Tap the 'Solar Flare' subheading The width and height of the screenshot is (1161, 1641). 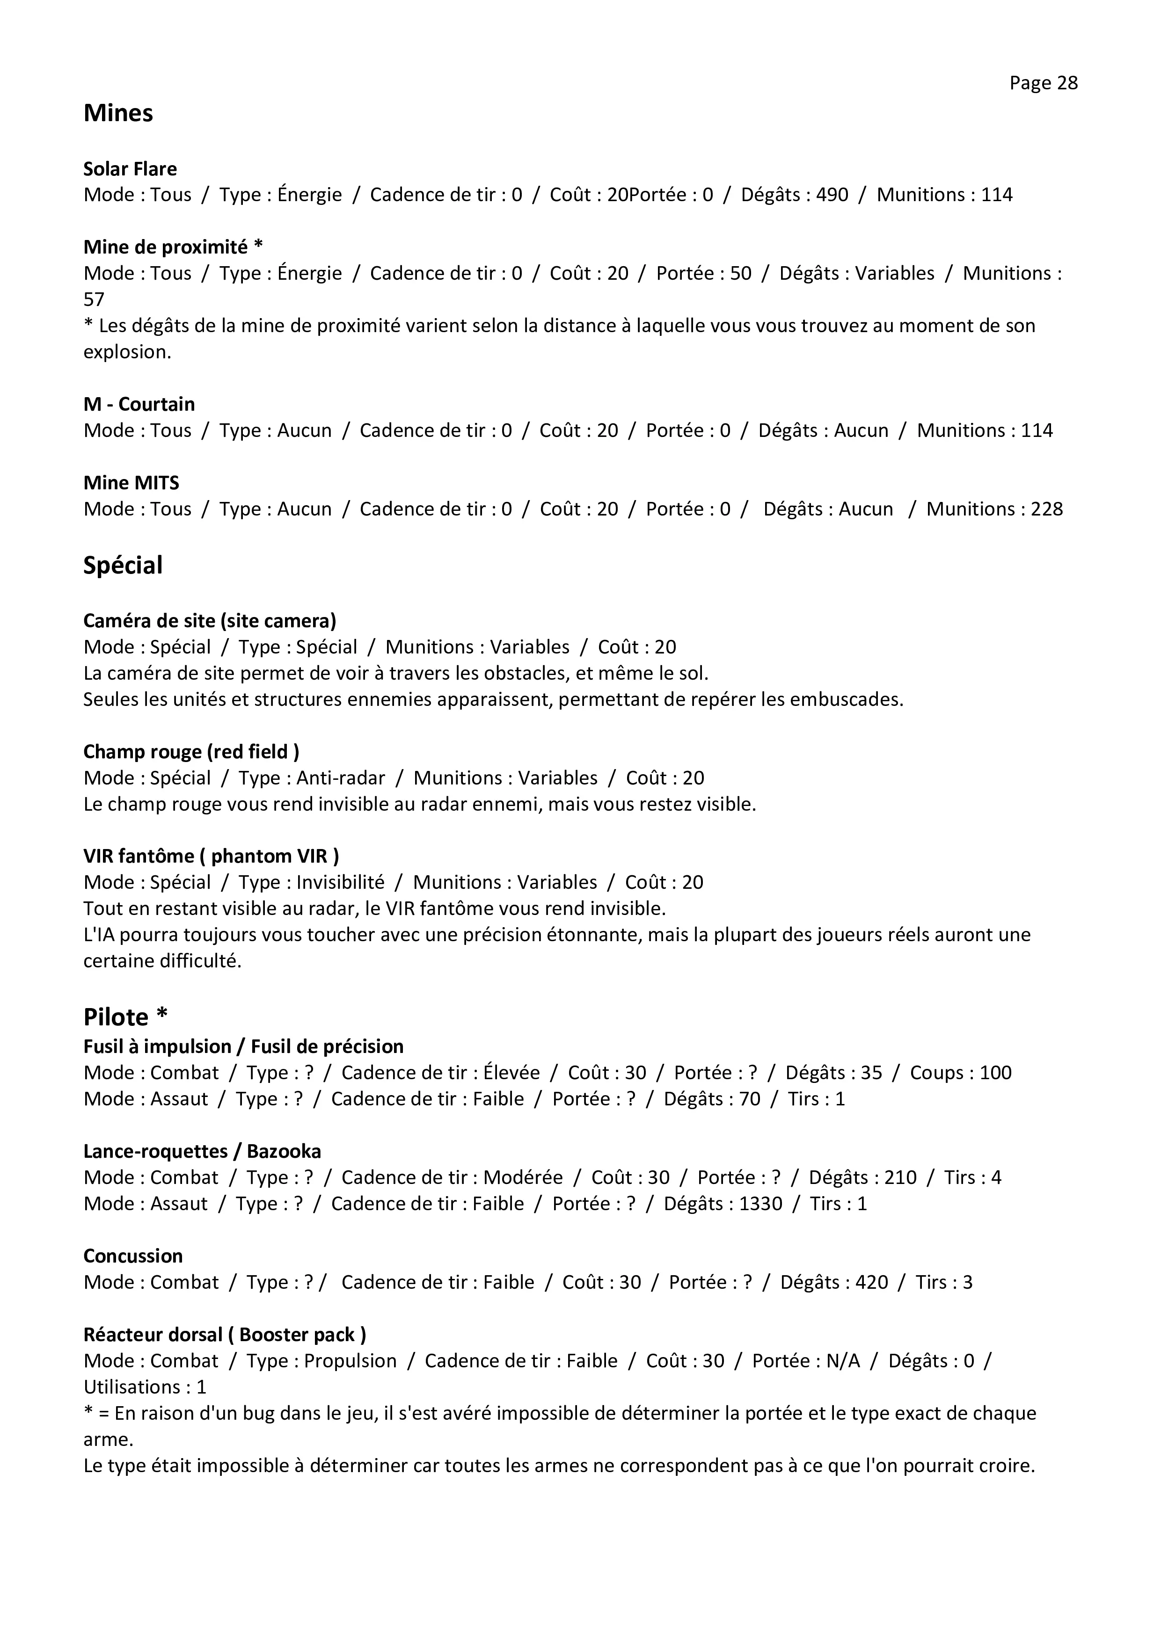[130, 169]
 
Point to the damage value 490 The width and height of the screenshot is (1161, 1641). [832, 195]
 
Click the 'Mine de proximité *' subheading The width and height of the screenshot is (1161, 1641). [173, 247]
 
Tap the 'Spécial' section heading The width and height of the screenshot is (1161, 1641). [123, 566]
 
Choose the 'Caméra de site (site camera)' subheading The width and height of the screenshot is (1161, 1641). [210, 620]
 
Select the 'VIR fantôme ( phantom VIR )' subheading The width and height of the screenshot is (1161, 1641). [211, 856]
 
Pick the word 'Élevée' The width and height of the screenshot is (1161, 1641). [511, 1073]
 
